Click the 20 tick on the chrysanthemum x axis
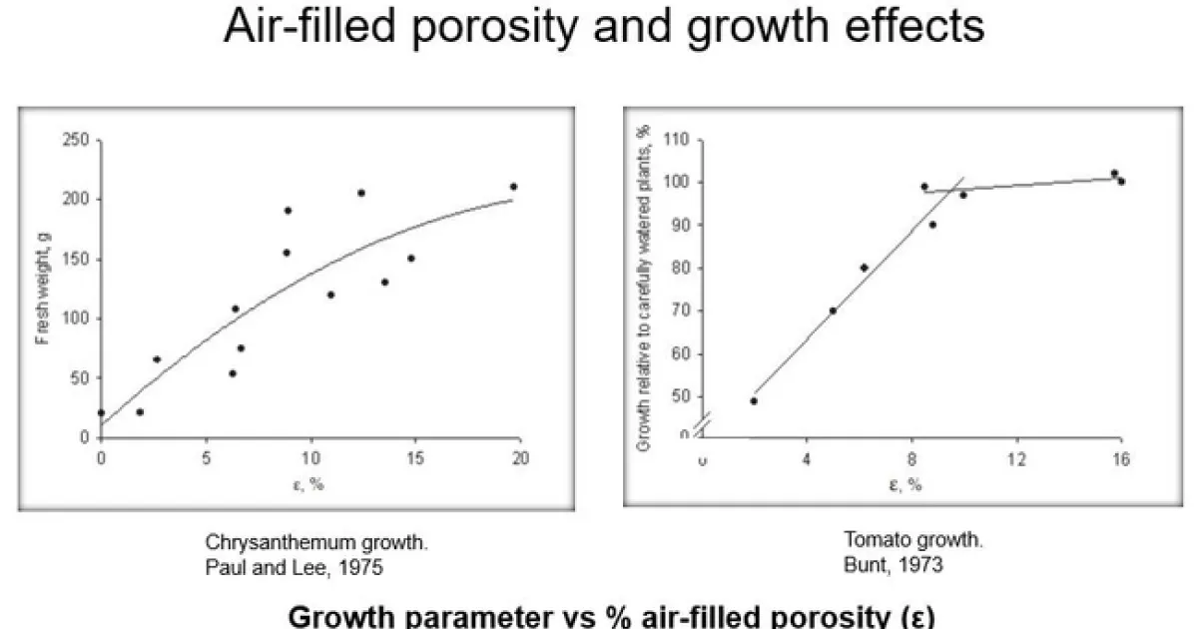[519, 458]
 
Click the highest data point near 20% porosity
[513, 187]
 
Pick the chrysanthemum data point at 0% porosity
[101, 412]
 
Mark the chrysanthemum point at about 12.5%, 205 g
[361, 193]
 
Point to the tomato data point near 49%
[754, 401]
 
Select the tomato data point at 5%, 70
[833, 311]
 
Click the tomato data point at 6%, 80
[864, 268]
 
